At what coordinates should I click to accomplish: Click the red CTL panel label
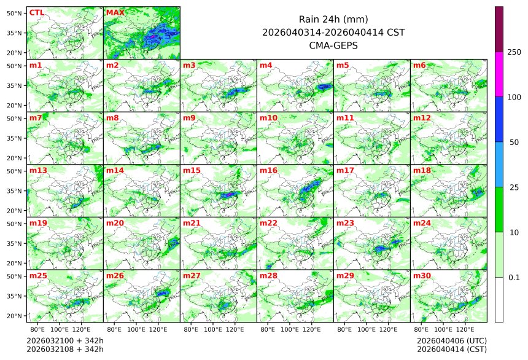36,12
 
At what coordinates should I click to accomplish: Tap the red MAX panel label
115,12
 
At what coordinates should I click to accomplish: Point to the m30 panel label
421,276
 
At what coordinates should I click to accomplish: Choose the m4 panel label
265,65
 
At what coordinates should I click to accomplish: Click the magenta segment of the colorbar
499,74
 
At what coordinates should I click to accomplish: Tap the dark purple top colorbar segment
499,29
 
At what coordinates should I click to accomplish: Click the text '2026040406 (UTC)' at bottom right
451,340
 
